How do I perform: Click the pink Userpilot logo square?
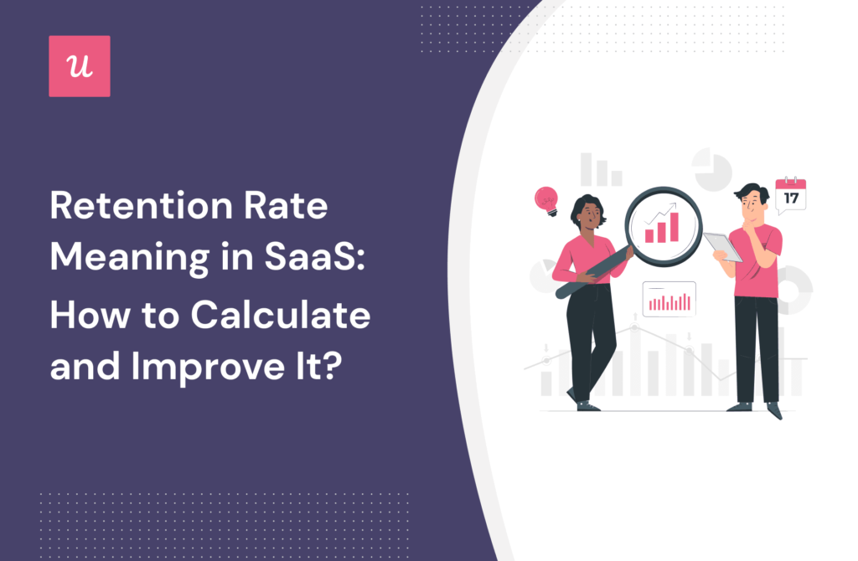click(x=80, y=66)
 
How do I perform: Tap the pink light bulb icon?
click(x=546, y=200)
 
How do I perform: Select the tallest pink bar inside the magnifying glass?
click(x=675, y=226)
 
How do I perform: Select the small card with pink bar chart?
click(x=669, y=299)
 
